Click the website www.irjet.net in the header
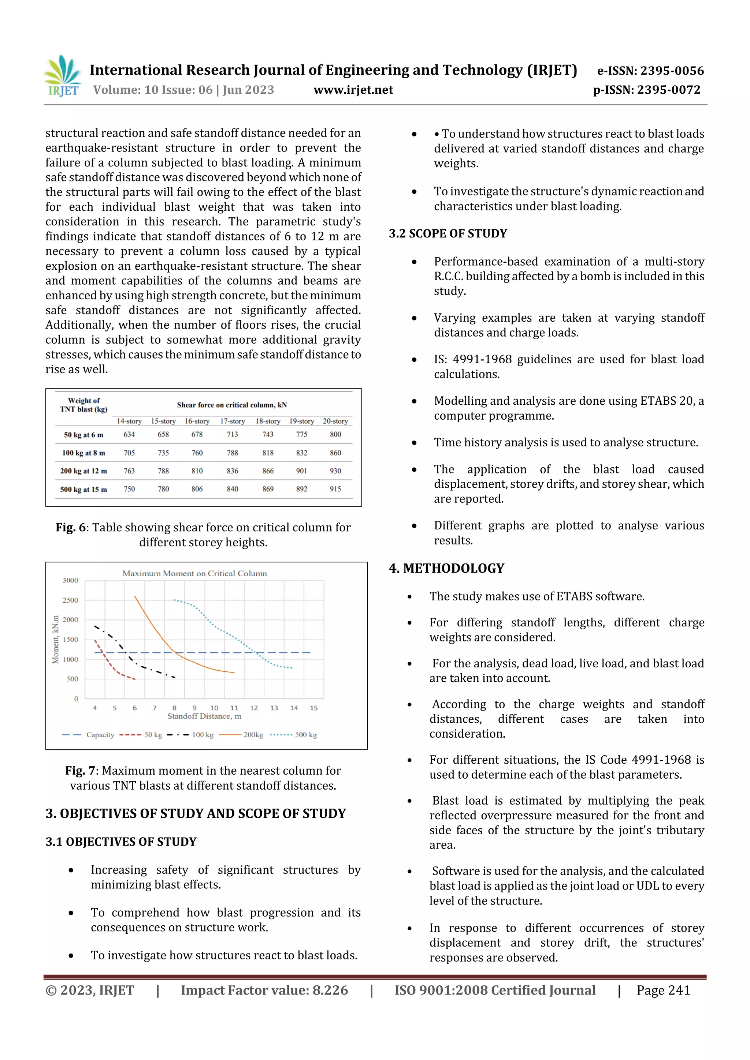[x=353, y=90]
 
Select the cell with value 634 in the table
[x=129, y=434]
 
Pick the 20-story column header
[x=335, y=421]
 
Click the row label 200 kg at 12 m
[x=83, y=471]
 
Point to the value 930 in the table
[x=335, y=471]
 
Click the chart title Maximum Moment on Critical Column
[x=194, y=573]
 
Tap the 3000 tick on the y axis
[x=70, y=580]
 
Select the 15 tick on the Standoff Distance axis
[x=314, y=708]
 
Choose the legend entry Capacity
[x=88, y=734]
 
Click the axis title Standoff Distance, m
[x=204, y=716]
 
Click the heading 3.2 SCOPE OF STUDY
[x=448, y=233]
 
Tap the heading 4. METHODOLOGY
[x=446, y=568]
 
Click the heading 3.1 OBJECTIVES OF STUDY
[x=121, y=842]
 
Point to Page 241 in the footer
[x=663, y=990]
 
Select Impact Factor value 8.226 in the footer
[x=264, y=990]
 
